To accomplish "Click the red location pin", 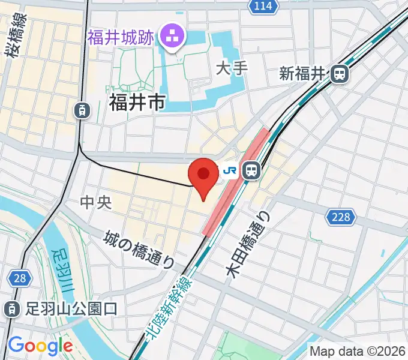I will point(203,175).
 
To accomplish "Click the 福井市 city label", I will point(137,103).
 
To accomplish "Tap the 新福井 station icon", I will point(340,74).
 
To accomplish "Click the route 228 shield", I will point(340,217).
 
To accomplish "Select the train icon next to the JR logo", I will point(251,171).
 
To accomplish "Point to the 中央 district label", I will point(96,202).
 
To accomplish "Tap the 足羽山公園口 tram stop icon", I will point(11,309).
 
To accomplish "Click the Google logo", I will point(40,346).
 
